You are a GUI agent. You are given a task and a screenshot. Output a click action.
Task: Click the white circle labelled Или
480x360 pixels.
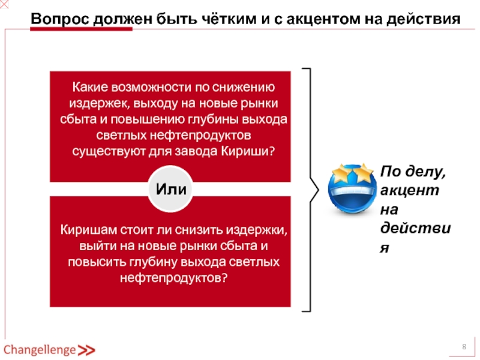coord(170,189)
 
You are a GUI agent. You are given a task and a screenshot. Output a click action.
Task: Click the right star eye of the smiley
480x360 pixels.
coord(362,174)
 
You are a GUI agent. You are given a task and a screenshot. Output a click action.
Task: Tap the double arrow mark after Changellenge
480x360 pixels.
coord(86,350)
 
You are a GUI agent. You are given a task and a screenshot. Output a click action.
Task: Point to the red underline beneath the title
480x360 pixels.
coord(81,29)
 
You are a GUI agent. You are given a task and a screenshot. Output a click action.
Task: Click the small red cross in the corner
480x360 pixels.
coord(5,5)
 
